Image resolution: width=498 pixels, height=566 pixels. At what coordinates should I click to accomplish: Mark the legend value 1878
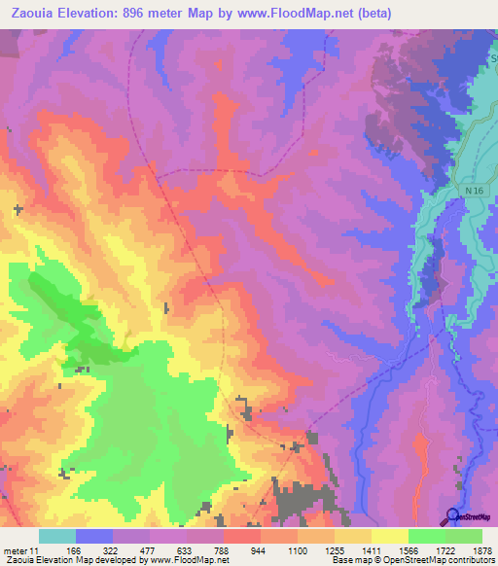(x=482, y=551)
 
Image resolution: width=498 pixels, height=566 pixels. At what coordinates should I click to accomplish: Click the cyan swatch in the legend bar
(x=56, y=536)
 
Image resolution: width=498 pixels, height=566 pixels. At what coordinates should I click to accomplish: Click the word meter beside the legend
(x=17, y=551)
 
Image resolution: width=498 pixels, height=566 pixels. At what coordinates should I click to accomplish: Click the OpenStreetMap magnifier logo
(x=450, y=515)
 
